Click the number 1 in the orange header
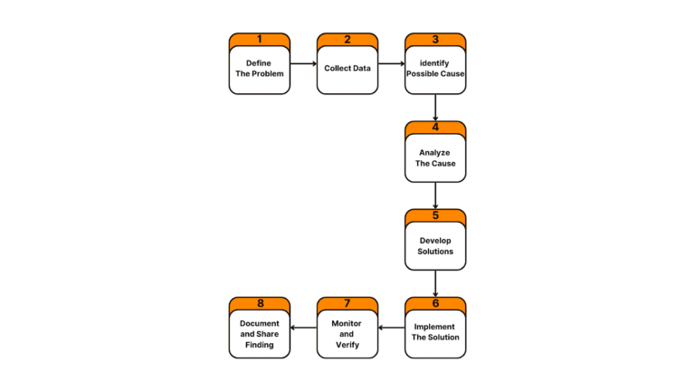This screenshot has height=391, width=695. (260, 39)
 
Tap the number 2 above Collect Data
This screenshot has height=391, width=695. (347, 39)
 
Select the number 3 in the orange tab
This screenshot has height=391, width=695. (435, 39)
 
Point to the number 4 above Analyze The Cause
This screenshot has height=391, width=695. (435, 128)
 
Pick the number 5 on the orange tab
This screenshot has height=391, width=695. (435, 215)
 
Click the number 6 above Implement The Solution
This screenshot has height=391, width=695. (435, 303)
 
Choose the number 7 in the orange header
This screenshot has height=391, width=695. (347, 303)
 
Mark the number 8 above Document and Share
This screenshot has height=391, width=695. (260, 303)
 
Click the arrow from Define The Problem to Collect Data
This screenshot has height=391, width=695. (303, 64)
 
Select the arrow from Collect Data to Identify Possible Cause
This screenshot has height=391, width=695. (391, 64)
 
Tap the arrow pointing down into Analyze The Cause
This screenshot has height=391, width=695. (435, 109)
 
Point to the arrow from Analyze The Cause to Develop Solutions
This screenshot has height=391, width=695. (435, 196)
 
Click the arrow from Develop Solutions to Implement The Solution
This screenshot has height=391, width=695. (435, 284)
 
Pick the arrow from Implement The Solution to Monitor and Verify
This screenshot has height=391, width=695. (391, 329)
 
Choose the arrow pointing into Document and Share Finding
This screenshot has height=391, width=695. (303, 329)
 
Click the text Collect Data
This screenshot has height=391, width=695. (347, 68)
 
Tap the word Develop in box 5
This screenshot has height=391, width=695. (435, 240)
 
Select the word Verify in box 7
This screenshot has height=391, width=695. (347, 345)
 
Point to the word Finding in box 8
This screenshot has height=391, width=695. (260, 345)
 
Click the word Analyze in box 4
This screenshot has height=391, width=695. (435, 152)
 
